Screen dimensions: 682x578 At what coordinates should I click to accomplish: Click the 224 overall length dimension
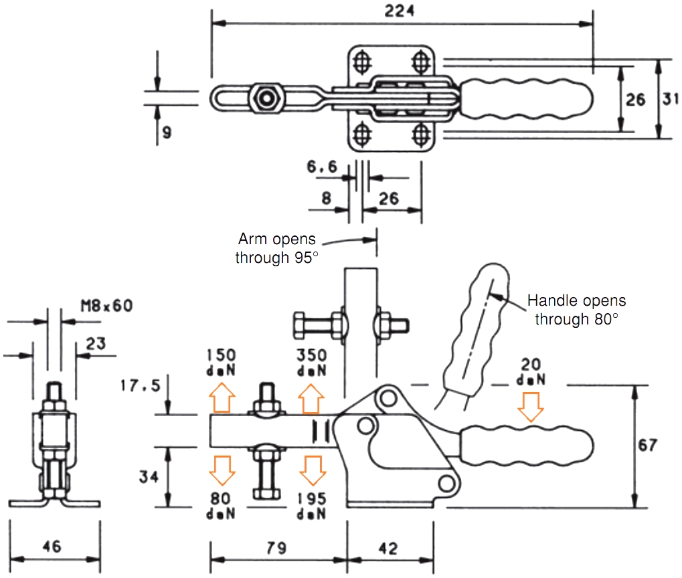tap(400, 11)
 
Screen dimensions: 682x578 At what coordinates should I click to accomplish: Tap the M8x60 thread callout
tap(107, 306)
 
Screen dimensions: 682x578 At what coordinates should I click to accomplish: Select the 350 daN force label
tap(311, 363)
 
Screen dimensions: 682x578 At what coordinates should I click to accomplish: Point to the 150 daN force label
tap(221, 363)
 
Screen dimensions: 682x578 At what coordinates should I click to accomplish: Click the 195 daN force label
tap(311, 506)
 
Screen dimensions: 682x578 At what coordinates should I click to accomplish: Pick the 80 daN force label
tap(221, 506)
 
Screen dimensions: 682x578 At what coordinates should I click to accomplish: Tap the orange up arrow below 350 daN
tap(311, 399)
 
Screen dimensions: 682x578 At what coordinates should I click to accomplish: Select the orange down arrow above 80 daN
tap(222, 470)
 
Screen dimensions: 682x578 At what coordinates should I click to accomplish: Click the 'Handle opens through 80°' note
tap(576, 310)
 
